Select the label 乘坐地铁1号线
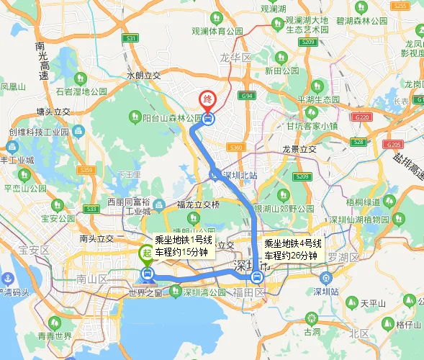pyautogui.click(x=184, y=240)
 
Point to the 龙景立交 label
pyautogui.click(x=299, y=150)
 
